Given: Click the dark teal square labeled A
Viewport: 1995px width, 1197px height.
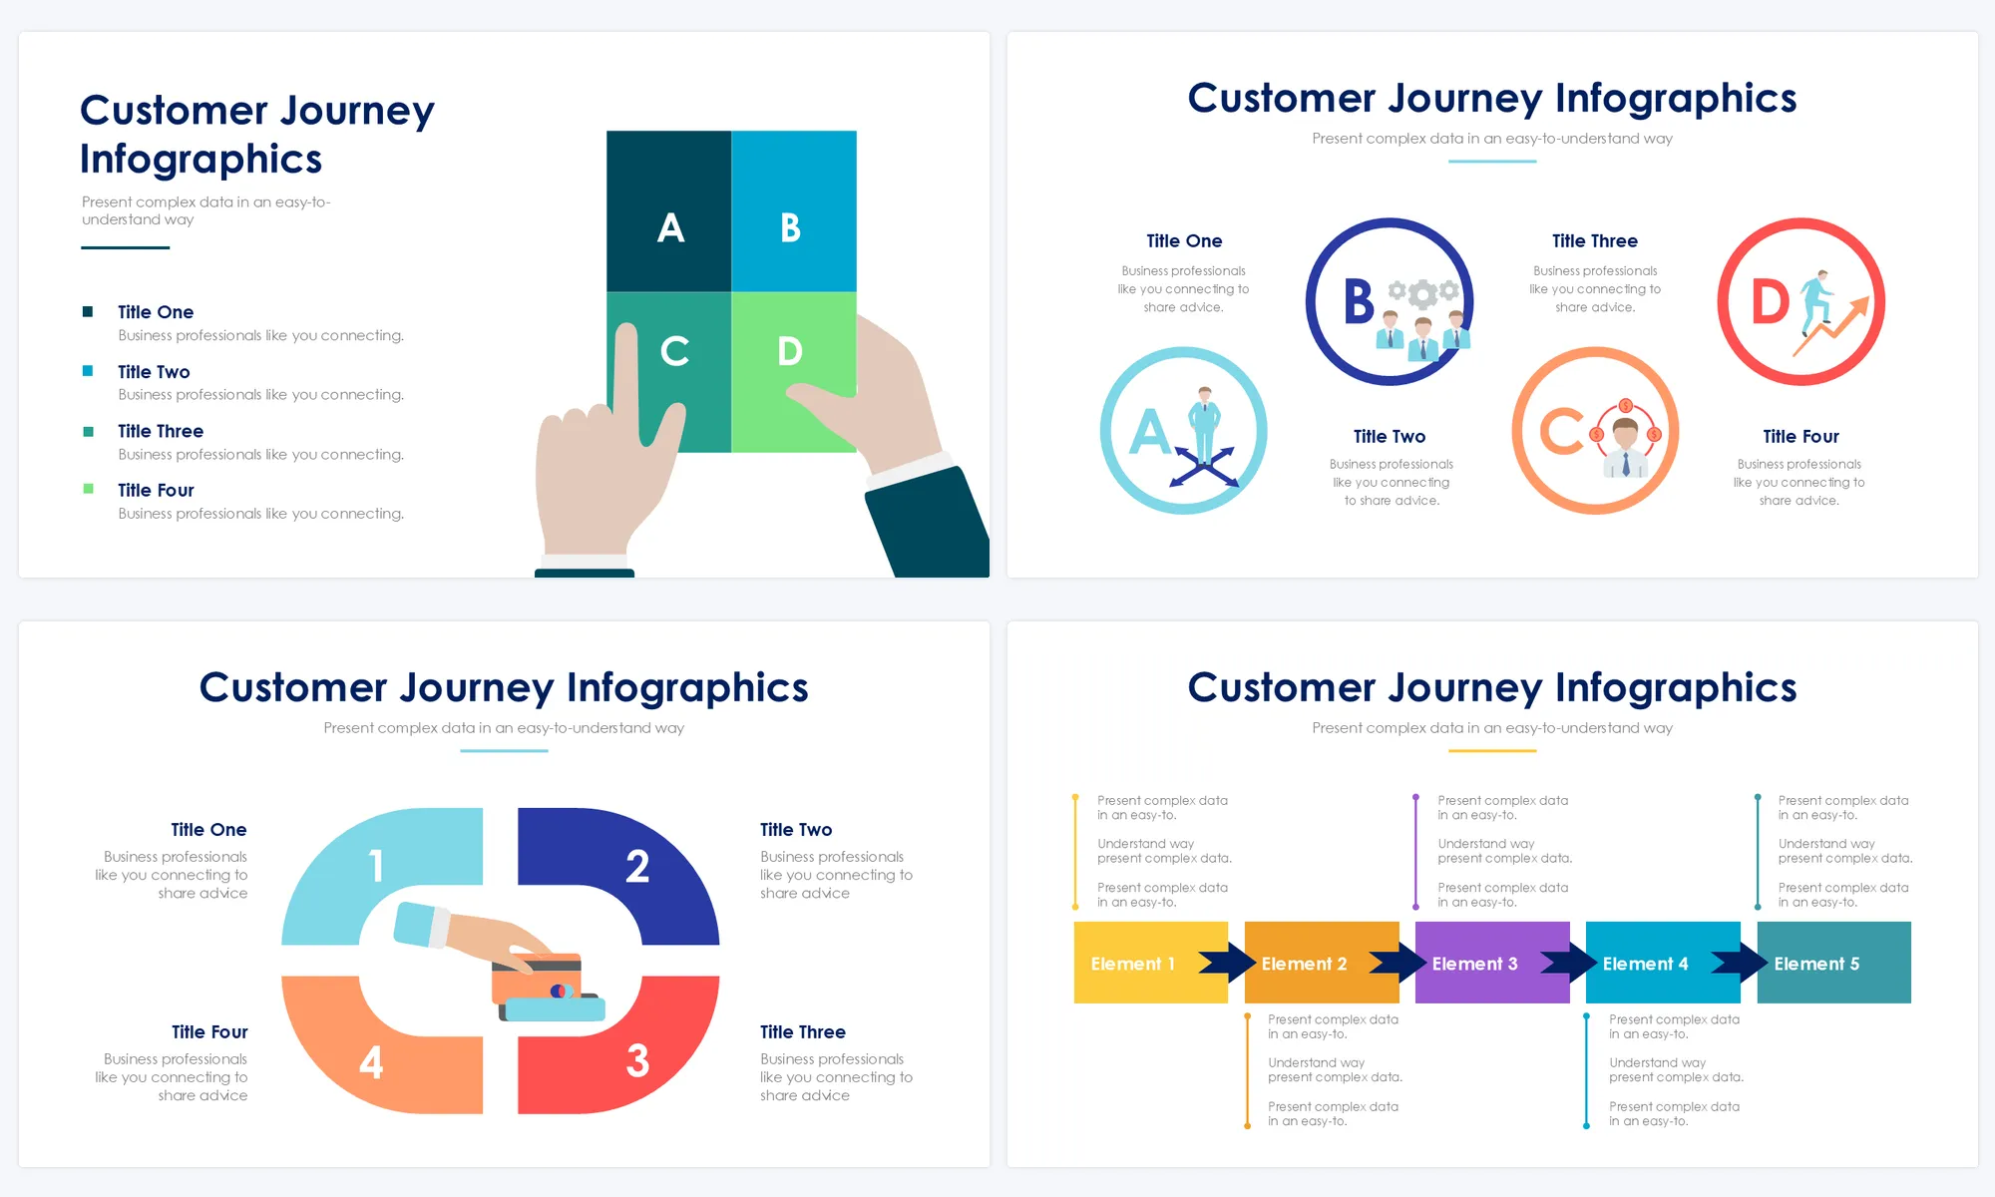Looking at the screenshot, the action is [x=668, y=210].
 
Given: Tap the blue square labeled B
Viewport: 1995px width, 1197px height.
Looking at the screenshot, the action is [x=794, y=210].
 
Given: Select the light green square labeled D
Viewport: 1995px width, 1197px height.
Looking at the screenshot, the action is [x=794, y=371].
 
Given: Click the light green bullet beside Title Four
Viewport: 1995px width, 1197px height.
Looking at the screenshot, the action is [x=88, y=489].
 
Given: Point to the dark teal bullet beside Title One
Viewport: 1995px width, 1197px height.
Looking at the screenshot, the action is [x=88, y=311].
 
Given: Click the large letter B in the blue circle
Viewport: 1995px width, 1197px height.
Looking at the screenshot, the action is [x=1359, y=301].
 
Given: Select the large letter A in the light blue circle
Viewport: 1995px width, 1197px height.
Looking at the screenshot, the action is [x=1150, y=432].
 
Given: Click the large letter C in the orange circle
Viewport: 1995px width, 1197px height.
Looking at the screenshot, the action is [x=1561, y=431].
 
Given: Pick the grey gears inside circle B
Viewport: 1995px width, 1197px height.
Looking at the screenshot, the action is [x=1423, y=292].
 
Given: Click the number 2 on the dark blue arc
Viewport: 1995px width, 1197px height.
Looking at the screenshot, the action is [x=637, y=866].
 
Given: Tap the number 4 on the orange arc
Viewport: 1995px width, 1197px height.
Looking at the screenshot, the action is [x=371, y=1062].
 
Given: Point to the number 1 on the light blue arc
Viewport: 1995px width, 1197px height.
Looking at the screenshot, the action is [x=376, y=866].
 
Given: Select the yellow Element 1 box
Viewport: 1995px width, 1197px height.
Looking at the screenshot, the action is [x=1150, y=963].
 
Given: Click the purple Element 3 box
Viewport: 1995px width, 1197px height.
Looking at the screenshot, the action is [x=1492, y=963].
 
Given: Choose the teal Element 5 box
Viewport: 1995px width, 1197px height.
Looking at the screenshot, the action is [x=1833, y=963].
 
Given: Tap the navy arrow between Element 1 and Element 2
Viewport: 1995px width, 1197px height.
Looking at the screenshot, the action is [x=1228, y=963].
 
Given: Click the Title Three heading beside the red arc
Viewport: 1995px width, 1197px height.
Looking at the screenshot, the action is [x=803, y=1031].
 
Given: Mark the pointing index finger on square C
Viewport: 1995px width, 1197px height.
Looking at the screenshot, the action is [x=626, y=374].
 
